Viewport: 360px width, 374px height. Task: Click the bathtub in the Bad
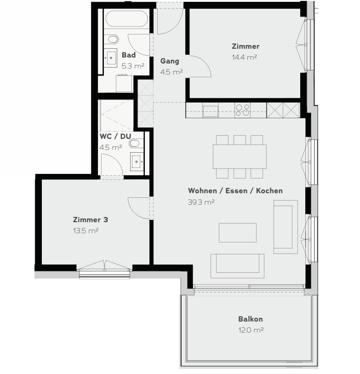[126, 18]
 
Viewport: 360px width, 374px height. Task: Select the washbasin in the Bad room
[111, 58]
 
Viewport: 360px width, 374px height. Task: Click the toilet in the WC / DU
[135, 143]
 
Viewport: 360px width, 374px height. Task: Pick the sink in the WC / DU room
[137, 162]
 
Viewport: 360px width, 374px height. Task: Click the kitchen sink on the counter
[210, 111]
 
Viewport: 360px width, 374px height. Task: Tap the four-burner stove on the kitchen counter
[242, 110]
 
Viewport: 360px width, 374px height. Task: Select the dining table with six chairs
[239, 157]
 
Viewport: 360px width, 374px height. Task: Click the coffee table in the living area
[238, 233]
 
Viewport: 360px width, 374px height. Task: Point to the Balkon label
[250, 319]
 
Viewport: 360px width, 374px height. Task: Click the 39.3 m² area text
[201, 202]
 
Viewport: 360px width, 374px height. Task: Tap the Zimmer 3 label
[90, 219]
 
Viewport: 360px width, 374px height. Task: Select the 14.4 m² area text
[244, 57]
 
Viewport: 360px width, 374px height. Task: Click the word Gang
[170, 61]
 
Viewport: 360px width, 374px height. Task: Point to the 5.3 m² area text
[133, 66]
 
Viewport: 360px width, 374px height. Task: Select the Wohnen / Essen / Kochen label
[235, 191]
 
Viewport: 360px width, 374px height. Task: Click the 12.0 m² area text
[251, 330]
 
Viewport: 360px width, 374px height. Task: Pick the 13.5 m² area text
[86, 231]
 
